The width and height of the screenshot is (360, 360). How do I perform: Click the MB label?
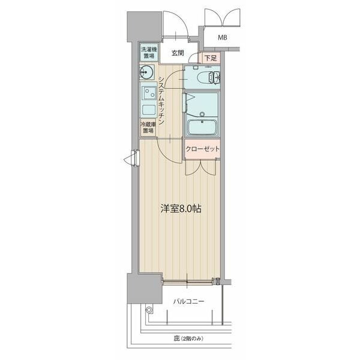(223, 38)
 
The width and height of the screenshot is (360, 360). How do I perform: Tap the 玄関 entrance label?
(177, 53)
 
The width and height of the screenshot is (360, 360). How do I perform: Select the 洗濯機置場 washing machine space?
(149, 52)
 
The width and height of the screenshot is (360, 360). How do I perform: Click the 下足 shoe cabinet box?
(209, 58)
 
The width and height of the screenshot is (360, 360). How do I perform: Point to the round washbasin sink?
(146, 74)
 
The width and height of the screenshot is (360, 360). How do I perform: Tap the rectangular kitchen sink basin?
(148, 110)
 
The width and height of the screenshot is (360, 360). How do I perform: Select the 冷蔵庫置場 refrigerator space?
(148, 128)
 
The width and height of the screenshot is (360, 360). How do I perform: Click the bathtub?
(203, 127)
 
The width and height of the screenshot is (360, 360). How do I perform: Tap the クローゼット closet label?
(202, 149)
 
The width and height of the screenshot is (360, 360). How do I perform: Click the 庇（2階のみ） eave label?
(189, 339)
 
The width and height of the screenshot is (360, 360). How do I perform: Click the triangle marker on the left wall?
(128, 159)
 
